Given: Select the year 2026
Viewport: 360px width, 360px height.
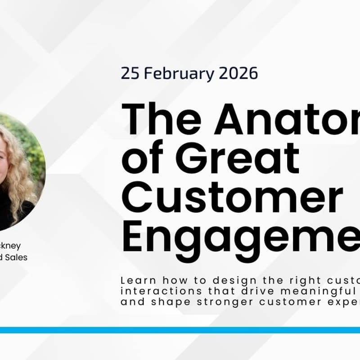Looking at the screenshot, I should (239, 73).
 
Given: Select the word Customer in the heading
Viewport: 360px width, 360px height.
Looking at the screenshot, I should (232, 200).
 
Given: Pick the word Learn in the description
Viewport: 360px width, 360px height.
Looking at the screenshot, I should (135, 280).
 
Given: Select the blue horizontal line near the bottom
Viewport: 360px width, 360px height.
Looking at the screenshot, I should (180, 330).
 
